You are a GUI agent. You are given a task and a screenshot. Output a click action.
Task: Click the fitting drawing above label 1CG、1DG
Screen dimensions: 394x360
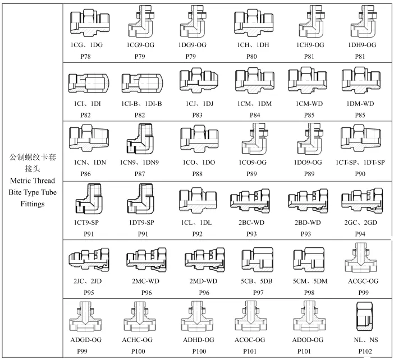pos(89,23)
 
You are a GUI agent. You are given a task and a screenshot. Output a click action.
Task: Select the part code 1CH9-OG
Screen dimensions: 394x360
pos(310,45)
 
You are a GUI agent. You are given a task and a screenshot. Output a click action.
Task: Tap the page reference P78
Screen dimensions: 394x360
pos(85,57)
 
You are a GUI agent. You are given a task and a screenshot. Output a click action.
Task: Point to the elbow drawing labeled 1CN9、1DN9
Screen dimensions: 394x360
pos(140,139)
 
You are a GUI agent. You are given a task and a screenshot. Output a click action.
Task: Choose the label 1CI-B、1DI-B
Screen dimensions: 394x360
pos(142,104)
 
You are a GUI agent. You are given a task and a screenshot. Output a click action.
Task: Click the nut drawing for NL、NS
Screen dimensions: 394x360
pos(364,316)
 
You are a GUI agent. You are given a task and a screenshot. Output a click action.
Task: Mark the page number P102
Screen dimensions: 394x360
pos(365,351)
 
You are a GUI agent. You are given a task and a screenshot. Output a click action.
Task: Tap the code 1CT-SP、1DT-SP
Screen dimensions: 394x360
pos(360,163)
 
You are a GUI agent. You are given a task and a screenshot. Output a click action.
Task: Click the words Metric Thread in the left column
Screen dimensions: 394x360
pos(33,181)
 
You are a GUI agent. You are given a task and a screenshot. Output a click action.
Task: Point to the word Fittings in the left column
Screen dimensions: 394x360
pos(33,204)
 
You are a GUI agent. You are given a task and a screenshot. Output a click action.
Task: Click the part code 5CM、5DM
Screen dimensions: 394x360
pos(310,281)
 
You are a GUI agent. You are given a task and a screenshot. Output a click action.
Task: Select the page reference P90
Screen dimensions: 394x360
pos(360,174)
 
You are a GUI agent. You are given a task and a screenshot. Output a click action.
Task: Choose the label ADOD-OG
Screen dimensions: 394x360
pos(308,340)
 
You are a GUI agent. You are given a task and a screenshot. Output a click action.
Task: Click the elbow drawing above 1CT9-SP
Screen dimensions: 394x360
pos(89,199)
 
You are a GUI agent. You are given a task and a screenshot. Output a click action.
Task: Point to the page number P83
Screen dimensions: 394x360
pos(197,115)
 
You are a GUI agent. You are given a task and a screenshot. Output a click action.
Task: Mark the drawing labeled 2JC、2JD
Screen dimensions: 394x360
pos(89,260)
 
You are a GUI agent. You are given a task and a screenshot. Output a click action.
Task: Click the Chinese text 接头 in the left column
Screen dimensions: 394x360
pos(33,168)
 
